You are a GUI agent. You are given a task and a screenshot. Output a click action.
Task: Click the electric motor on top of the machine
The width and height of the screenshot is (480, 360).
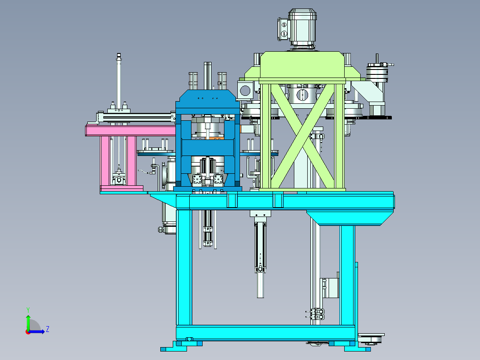pos(301,28)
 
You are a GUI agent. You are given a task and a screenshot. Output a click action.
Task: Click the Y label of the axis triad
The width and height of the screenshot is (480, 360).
pos(28,310)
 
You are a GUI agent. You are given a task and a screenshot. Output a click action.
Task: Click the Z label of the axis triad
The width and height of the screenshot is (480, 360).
pos(48,329)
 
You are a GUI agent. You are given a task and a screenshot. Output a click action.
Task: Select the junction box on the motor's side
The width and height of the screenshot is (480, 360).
pos(283,29)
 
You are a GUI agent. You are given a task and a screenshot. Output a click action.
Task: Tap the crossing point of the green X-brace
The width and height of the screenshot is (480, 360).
pos(302,136)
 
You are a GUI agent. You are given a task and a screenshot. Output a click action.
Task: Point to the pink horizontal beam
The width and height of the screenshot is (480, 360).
pos(131,131)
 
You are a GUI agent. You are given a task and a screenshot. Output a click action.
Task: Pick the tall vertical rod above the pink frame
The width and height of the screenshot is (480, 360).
pos(119,81)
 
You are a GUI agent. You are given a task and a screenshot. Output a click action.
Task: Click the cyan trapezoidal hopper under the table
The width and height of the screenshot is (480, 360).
pos(350,217)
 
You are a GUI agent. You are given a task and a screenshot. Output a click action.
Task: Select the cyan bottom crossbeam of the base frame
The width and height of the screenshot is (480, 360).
pos(265,333)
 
